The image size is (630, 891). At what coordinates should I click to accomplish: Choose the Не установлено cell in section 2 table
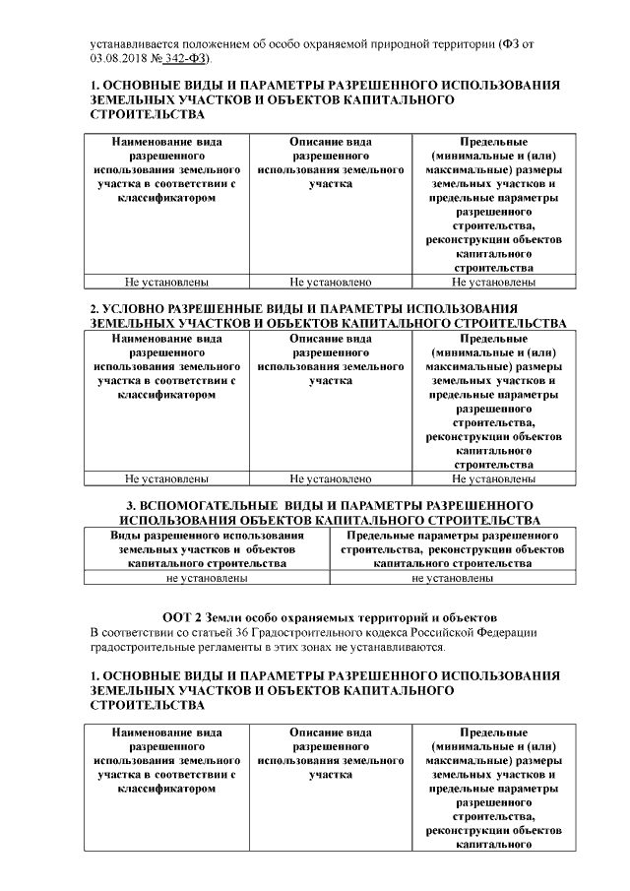[x=331, y=479]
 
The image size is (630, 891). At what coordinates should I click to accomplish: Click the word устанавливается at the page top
[x=133, y=43]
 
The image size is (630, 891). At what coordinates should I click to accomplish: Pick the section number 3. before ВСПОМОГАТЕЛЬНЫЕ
[x=123, y=505]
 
